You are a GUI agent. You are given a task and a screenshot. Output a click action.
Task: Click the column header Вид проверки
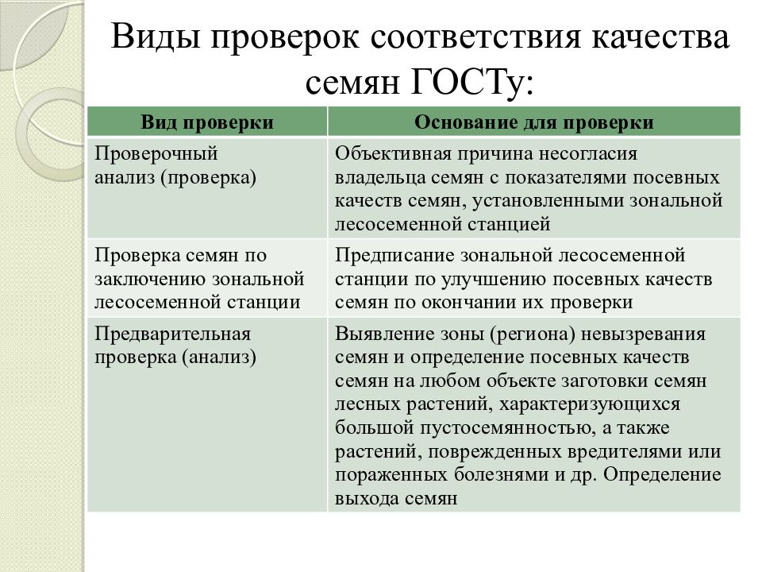coord(208,122)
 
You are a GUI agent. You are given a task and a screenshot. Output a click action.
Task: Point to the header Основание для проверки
coord(534,122)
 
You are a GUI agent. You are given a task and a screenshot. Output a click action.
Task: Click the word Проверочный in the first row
coord(156,153)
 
